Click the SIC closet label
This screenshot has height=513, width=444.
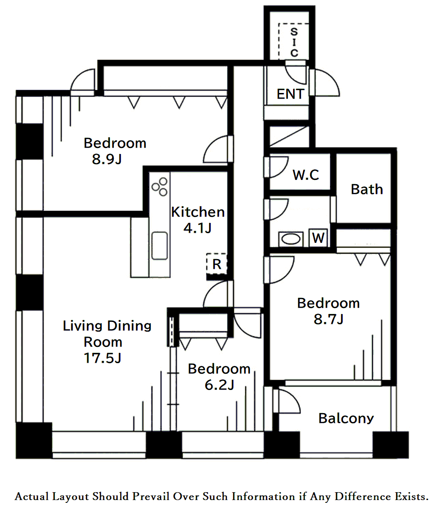click(294, 42)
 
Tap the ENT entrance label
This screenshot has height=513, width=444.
click(290, 94)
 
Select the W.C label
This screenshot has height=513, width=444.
click(306, 175)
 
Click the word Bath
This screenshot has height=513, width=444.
click(367, 190)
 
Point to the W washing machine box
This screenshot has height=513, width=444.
click(318, 237)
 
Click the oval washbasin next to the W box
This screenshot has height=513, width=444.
click(291, 239)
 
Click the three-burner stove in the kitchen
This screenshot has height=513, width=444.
click(160, 186)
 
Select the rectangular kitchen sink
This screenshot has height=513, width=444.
click(160, 246)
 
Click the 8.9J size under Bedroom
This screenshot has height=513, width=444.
click(107, 159)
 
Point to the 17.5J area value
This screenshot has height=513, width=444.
click(102, 358)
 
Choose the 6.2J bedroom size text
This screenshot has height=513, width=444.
click(219, 385)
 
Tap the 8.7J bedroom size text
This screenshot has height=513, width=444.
click(328, 319)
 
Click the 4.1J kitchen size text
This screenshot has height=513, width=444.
click(197, 228)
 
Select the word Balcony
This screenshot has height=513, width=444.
click(346, 419)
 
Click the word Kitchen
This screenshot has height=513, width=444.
click(198, 212)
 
